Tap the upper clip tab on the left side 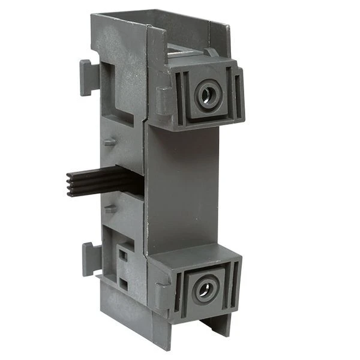tap(88, 76)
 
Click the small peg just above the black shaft tap(109, 142)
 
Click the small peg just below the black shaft tap(109, 209)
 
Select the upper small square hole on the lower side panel tap(123, 254)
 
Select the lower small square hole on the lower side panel tap(123, 281)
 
